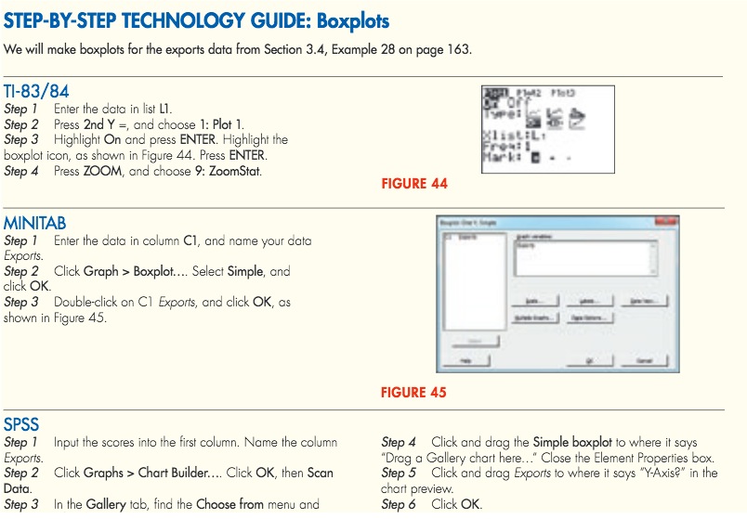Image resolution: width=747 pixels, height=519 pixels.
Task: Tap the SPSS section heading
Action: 21,426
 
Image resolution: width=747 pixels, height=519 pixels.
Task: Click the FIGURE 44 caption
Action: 414,184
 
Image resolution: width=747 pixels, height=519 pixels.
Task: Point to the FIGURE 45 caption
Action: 413,392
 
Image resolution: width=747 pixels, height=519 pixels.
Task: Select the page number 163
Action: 460,49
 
